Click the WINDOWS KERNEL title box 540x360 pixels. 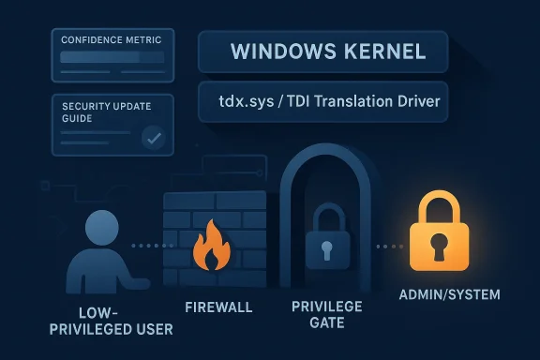(x=322, y=50)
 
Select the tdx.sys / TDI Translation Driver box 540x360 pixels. (x=322, y=101)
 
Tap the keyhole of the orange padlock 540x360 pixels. (x=438, y=247)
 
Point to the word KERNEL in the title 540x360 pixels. (x=379, y=50)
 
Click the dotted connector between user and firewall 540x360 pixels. (x=148, y=247)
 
